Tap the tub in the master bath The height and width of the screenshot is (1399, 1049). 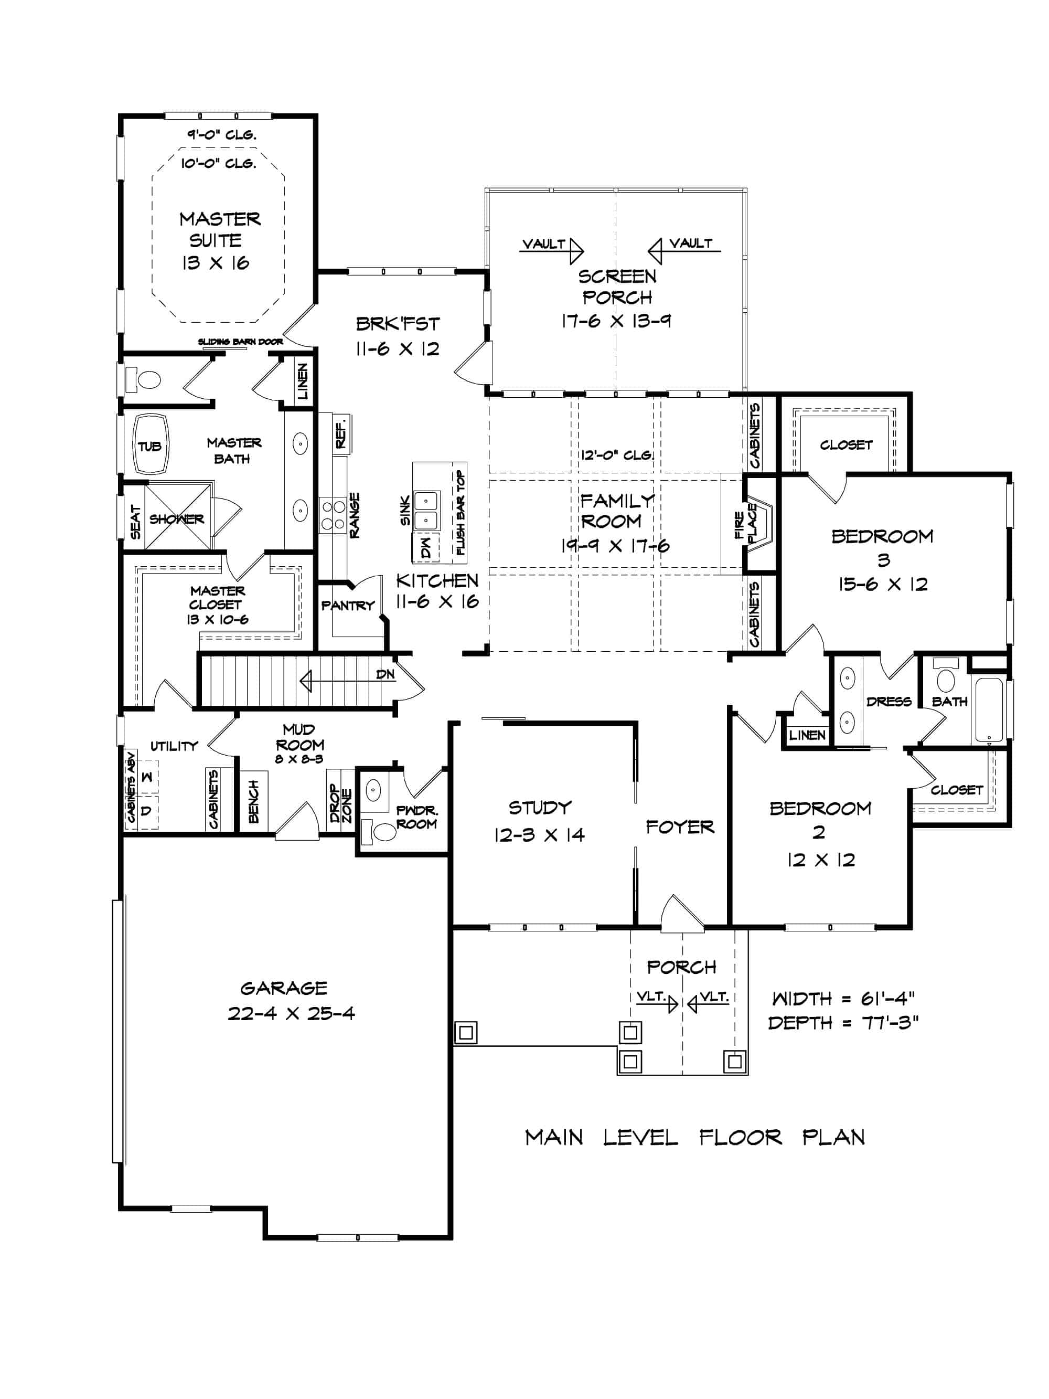click(x=150, y=445)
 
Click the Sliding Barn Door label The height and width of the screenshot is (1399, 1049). click(x=240, y=342)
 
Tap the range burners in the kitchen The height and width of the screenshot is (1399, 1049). click(x=333, y=515)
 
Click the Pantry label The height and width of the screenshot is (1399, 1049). click(x=347, y=605)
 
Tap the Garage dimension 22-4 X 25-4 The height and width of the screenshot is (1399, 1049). click(x=291, y=1013)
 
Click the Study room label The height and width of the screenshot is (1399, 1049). click(x=539, y=808)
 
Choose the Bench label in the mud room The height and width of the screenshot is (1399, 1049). click(x=253, y=801)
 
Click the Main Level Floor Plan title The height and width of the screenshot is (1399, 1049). click(x=694, y=1138)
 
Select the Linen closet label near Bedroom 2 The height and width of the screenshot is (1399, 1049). click(x=807, y=735)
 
